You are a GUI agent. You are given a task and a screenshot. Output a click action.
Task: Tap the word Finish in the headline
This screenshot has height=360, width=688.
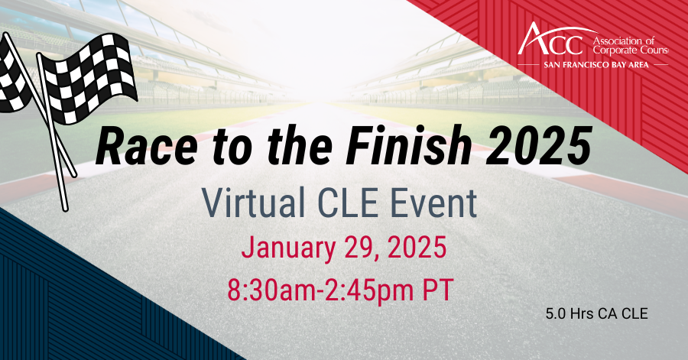[x=408, y=145]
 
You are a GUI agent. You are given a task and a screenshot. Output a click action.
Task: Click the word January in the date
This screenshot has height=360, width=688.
[x=287, y=248]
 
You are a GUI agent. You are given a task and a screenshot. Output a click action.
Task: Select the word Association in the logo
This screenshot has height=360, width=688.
[x=619, y=41]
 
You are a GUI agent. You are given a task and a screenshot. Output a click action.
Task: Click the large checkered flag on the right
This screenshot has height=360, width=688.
[x=88, y=79]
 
